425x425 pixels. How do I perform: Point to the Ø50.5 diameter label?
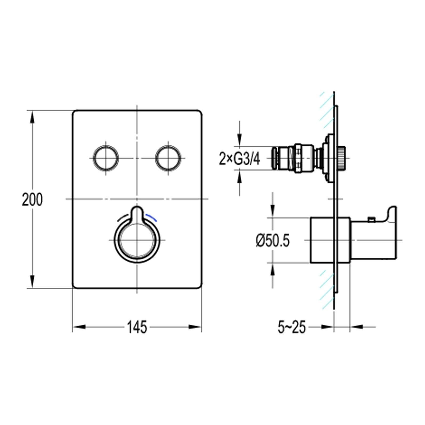pos(272,240)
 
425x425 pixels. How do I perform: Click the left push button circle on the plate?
pos(106,158)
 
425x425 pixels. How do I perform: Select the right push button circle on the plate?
pos(169,158)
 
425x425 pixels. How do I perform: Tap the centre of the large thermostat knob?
pos(137,240)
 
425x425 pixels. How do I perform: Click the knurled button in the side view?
pos(342,158)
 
